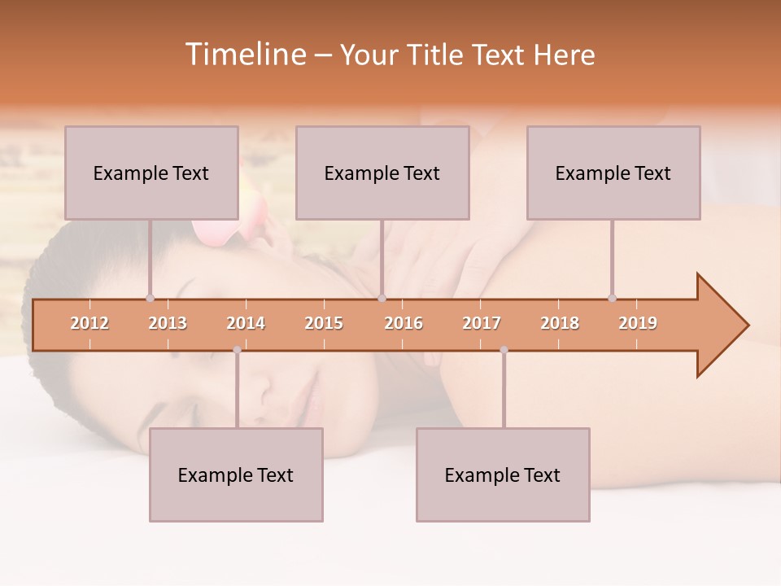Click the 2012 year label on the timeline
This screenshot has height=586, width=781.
pos(89,323)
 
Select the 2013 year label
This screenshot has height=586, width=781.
pos(168,323)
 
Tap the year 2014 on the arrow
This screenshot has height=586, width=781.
pos(246,323)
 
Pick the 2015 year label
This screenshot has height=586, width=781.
pos(324,323)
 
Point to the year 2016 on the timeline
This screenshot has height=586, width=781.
pos(404,323)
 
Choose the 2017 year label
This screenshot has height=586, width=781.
pos(482,323)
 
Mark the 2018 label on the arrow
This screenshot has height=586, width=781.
pos(560,323)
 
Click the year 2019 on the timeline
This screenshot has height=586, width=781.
pos(638,323)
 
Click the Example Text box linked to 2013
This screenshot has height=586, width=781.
pos(151,173)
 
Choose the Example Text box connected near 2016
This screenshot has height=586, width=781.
pos(382,173)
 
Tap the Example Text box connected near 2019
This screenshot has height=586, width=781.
pos(613,173)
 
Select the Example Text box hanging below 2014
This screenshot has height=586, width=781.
pos(236,474)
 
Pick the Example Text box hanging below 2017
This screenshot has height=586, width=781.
pos(503,474)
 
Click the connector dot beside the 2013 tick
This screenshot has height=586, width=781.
pos(150,299)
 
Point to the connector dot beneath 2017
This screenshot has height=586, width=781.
pos(504,350)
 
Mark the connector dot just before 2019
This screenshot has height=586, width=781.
pos(612,299)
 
